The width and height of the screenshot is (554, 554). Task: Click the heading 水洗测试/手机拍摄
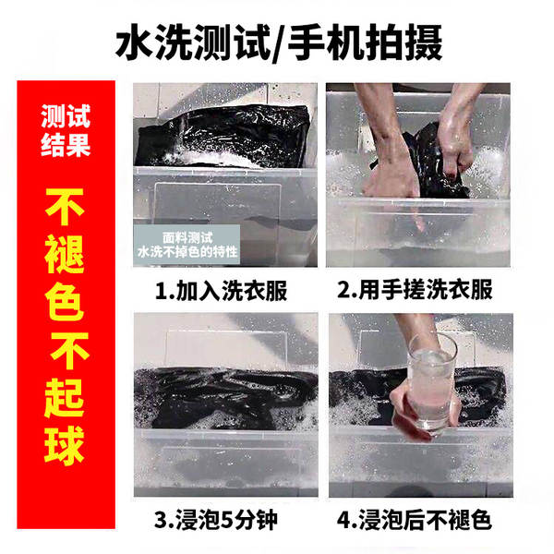pyautogui.click(x=279, y=43)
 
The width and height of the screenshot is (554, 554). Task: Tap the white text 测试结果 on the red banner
pyautogui.click(x=66, y=130)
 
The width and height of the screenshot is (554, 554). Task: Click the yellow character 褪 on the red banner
pyautogui.click(x=66, y=255)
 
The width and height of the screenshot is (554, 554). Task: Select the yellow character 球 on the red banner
pyautogui.click(x=66, y=446)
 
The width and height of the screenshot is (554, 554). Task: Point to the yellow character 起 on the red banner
pyautogui.click(x=66, y=398)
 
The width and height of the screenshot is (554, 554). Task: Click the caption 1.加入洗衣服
pyautogui.click(x=221, y=291)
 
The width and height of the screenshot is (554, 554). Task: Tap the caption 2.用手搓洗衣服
pyautogui.click(x=415, y=290)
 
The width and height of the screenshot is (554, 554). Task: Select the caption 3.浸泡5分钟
pyautogui.click(x=216, y=520)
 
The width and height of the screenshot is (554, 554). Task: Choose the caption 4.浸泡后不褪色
pyautogui.click(x=414, y=520)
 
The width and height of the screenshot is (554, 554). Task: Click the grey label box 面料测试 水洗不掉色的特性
pyautogui.click(x=187, y=245)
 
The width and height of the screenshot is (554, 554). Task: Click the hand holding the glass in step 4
pyautogui.click(x=420, y=414)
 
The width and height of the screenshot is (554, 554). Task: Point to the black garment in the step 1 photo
pyautogui.click(x=223, y=136)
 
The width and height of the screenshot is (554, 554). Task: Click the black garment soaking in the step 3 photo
pyautogui.click(x=226, y=396)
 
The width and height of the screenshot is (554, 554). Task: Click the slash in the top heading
pyautogui.click(x=279, y=44)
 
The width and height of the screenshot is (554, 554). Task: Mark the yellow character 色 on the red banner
pyautogui.click(x=66, y=301)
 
